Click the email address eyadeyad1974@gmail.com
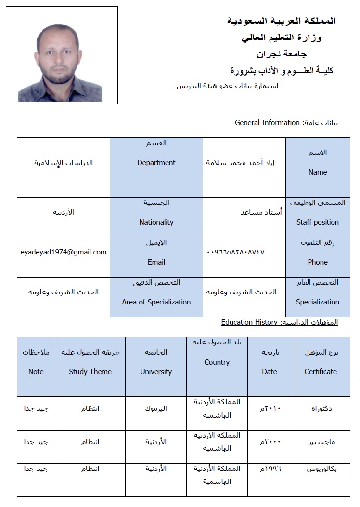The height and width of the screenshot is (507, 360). (x=64, y=252)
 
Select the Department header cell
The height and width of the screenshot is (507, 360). (x=156, y=163)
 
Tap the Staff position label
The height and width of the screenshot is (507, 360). (x=317, y=222)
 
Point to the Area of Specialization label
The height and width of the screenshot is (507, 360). (x=156, y=302)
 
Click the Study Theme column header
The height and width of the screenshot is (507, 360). (x=90, y=371)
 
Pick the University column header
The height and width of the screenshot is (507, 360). (x=156, y=371)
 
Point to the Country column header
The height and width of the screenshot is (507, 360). (x=217, y=362)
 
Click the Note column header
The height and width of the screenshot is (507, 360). (x=36, y=371)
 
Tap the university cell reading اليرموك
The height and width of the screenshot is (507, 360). (x=156, y=409)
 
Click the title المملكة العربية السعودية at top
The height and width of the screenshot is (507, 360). (x=281, y=21)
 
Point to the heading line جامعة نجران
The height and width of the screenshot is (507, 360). (x=282, y=54)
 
